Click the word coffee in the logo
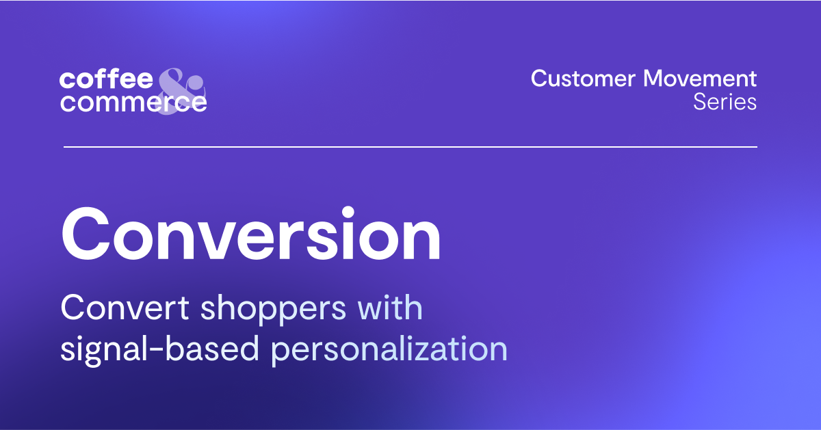[x=106, y=79]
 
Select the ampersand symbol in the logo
[x=180, y=91]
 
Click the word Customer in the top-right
[x=583, y=79]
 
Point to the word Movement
[x=700, y=79]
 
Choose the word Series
[x=725, y=102]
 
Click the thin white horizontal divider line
[x=410, y=146]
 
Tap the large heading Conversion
[x=251, y=235]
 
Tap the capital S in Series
[x=700, y=102]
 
